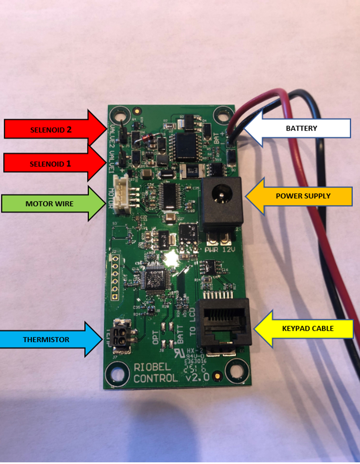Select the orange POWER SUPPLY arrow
click(300, 196)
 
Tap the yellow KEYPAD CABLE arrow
click(305, 329)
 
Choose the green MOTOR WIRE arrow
click(50, 203)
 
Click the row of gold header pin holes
click(115, 276)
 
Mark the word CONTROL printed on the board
click(155, 378)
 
